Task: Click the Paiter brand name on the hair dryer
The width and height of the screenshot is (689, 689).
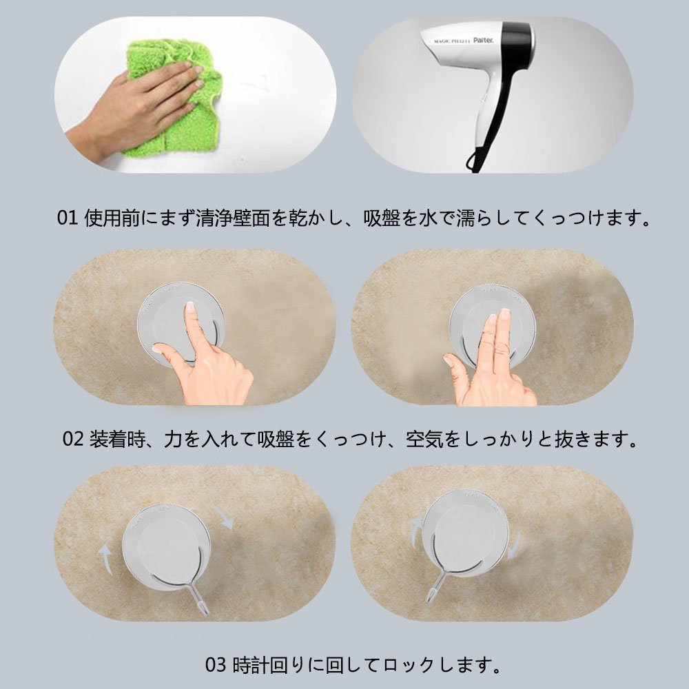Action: (x=483, y=40)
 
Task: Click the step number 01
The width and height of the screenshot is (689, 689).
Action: (x=68, y=218)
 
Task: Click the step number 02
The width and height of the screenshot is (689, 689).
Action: (x=72, y=438)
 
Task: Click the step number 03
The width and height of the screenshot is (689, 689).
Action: (x=216, y=665)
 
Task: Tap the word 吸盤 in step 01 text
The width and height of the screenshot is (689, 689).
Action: (x=381, y=218)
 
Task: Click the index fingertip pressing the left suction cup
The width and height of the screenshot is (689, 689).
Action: (x=189, y=307)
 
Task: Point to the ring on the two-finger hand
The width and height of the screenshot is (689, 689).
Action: (x=499, y=349)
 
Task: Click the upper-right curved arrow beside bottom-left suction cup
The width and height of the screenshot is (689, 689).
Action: (x=223, y=516)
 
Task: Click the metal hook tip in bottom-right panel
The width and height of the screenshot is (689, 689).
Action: (x=429, y=597)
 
